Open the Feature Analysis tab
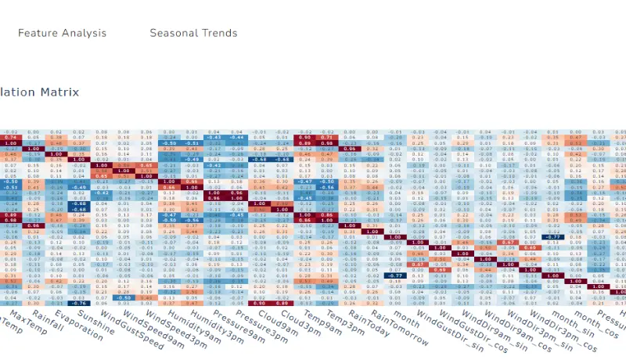point(62,33)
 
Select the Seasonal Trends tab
point(193,33)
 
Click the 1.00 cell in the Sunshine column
point(77,165)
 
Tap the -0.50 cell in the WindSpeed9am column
point(123,297)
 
